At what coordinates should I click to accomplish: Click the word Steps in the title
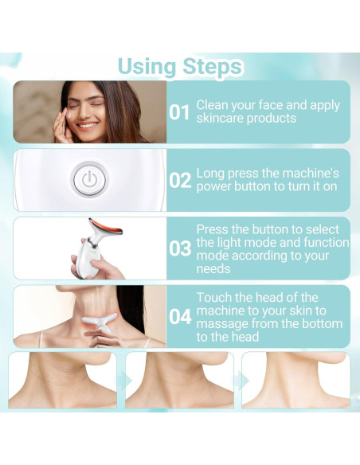pyautogui.click(x=213, y=67)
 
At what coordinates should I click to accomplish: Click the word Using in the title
pyautogui.click(x=147, y=67)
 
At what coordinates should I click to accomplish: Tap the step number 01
pyautogui.click(x=179, y=112)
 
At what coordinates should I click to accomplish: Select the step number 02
pyautogui.click(x=180, y=180)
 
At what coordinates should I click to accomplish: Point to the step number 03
pyautogui.click(x=180, y=248)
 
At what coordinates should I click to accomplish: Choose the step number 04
pyautogui.click(x=180, y=317)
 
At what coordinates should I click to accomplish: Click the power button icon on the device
pyautogui.click(x=89, y=180)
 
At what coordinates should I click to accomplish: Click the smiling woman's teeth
pyautogui.click(x=88, y=125)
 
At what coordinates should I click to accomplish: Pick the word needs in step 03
pyautogui.click(x=213, y=269)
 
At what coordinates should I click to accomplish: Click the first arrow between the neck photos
pyautogui.click(x=125, y=381)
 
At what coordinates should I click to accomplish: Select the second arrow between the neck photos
pyautogui.click(x=243, y=381)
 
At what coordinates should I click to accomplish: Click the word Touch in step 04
pyautogui.click(x=213, y=298)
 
